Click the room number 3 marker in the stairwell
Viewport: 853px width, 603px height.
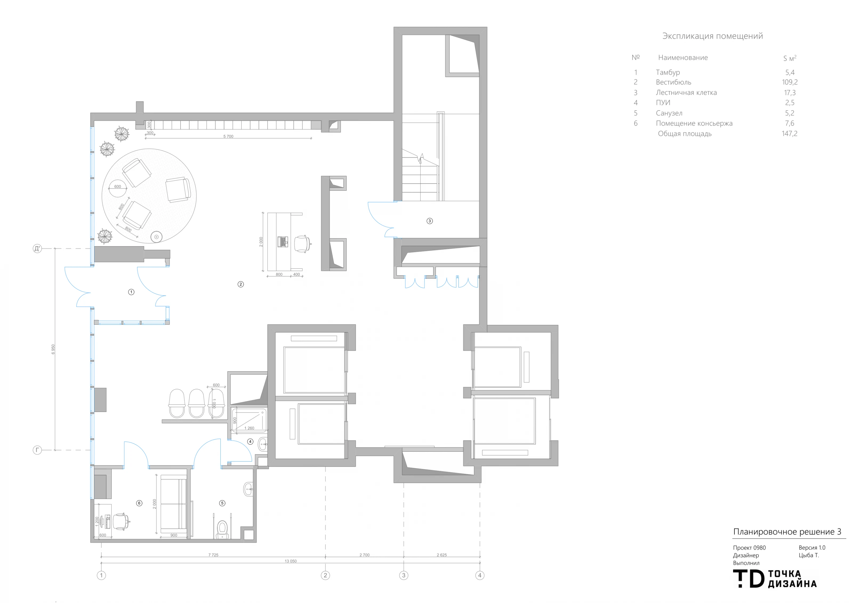[429, 221]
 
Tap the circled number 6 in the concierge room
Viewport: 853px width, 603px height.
[139, 503]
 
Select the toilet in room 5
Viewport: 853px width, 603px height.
[222, 529]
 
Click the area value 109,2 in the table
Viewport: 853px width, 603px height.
[790, 82]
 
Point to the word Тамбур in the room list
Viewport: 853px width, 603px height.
[668, 72]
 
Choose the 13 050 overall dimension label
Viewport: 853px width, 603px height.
[291, 561]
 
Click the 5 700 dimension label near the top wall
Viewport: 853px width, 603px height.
[228, 136]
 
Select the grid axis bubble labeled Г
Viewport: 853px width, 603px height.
[37, 450]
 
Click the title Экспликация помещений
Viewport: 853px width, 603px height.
[713, 36]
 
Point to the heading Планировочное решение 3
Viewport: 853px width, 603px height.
[787, 532]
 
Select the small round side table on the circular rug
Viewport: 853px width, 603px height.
[156, 237]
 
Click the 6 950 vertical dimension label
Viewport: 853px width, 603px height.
[53, 349]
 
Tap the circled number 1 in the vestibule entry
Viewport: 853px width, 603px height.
[131, 292]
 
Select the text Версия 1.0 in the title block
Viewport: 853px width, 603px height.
[812, 548]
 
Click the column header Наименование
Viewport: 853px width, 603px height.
[683, 58]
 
